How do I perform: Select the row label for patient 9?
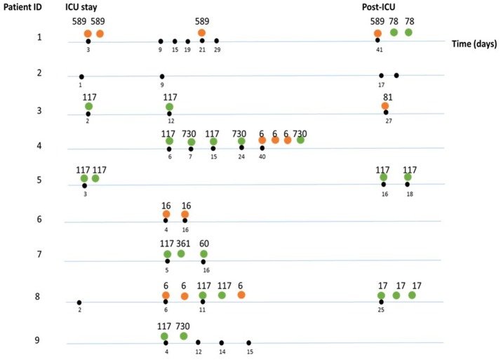[39, 340]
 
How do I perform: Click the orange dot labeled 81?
[385, 106]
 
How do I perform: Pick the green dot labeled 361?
[181, 253]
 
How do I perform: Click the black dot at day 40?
[262, 148]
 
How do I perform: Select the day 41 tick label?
[378, 51]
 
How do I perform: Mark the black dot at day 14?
[222, 343]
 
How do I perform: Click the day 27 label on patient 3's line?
[386, 121]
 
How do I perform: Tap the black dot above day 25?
[381, 302]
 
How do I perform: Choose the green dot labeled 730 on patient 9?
[184, 336]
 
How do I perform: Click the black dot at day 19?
[187, 41]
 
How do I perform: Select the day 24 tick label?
[241, 157]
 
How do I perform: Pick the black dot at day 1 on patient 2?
[81, 76]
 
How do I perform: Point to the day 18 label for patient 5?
[408, 193]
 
